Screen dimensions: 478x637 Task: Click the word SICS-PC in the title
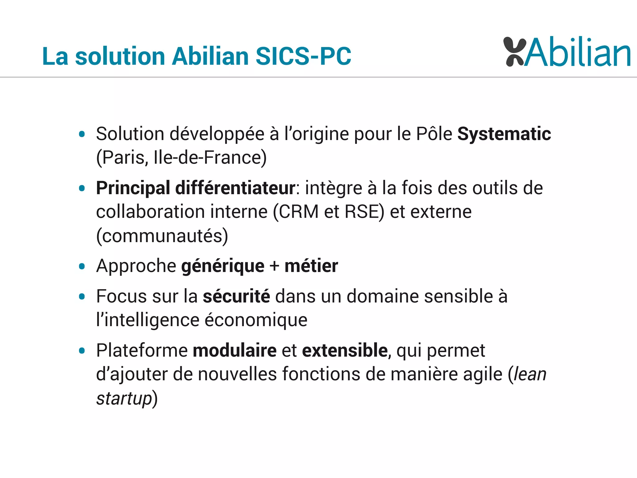click(303, 56)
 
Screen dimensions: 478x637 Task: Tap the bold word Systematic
click(504, 134)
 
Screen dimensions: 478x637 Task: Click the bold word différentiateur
click(235, 188)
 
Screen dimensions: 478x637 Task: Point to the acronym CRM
click(299, 212)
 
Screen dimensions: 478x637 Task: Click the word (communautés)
click(162, 236)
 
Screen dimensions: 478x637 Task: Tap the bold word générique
click(223, 266)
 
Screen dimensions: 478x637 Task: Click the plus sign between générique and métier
click(274, 266)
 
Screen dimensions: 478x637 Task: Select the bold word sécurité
click(236, 296)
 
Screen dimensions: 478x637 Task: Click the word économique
click(256, 320)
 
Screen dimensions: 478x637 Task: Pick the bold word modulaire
click(235, 350)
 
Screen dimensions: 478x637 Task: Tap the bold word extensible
click(345, 350)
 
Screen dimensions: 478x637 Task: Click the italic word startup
click(124, 398)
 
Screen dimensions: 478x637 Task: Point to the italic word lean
click(530, 374)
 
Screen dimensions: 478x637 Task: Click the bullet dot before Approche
click(82, 266)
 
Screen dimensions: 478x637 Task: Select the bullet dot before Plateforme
click(82, 351)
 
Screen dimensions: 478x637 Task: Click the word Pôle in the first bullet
click(434, 134)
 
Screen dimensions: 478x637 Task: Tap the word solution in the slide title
click(120, 56)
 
